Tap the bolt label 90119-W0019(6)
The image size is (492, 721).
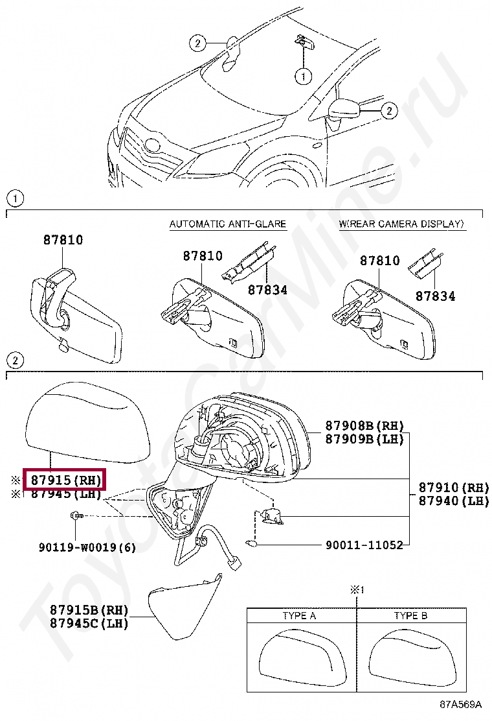point(87,547)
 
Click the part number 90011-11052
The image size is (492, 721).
point(364,545)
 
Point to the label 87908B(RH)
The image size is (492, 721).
point(364,425)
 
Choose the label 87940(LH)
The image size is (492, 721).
point(453,501)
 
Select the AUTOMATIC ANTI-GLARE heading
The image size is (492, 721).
point(227,224)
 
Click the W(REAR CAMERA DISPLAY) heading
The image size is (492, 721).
point(401,224)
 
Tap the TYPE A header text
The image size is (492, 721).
point(299,615)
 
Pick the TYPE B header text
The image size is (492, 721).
point(410,615)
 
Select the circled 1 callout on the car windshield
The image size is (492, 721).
point(302,77)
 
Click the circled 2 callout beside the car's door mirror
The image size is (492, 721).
point(387,112)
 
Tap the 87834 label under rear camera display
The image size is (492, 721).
point(435,296)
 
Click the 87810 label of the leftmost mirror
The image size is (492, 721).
point(63,240)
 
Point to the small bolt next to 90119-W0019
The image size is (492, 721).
point(75,515)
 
